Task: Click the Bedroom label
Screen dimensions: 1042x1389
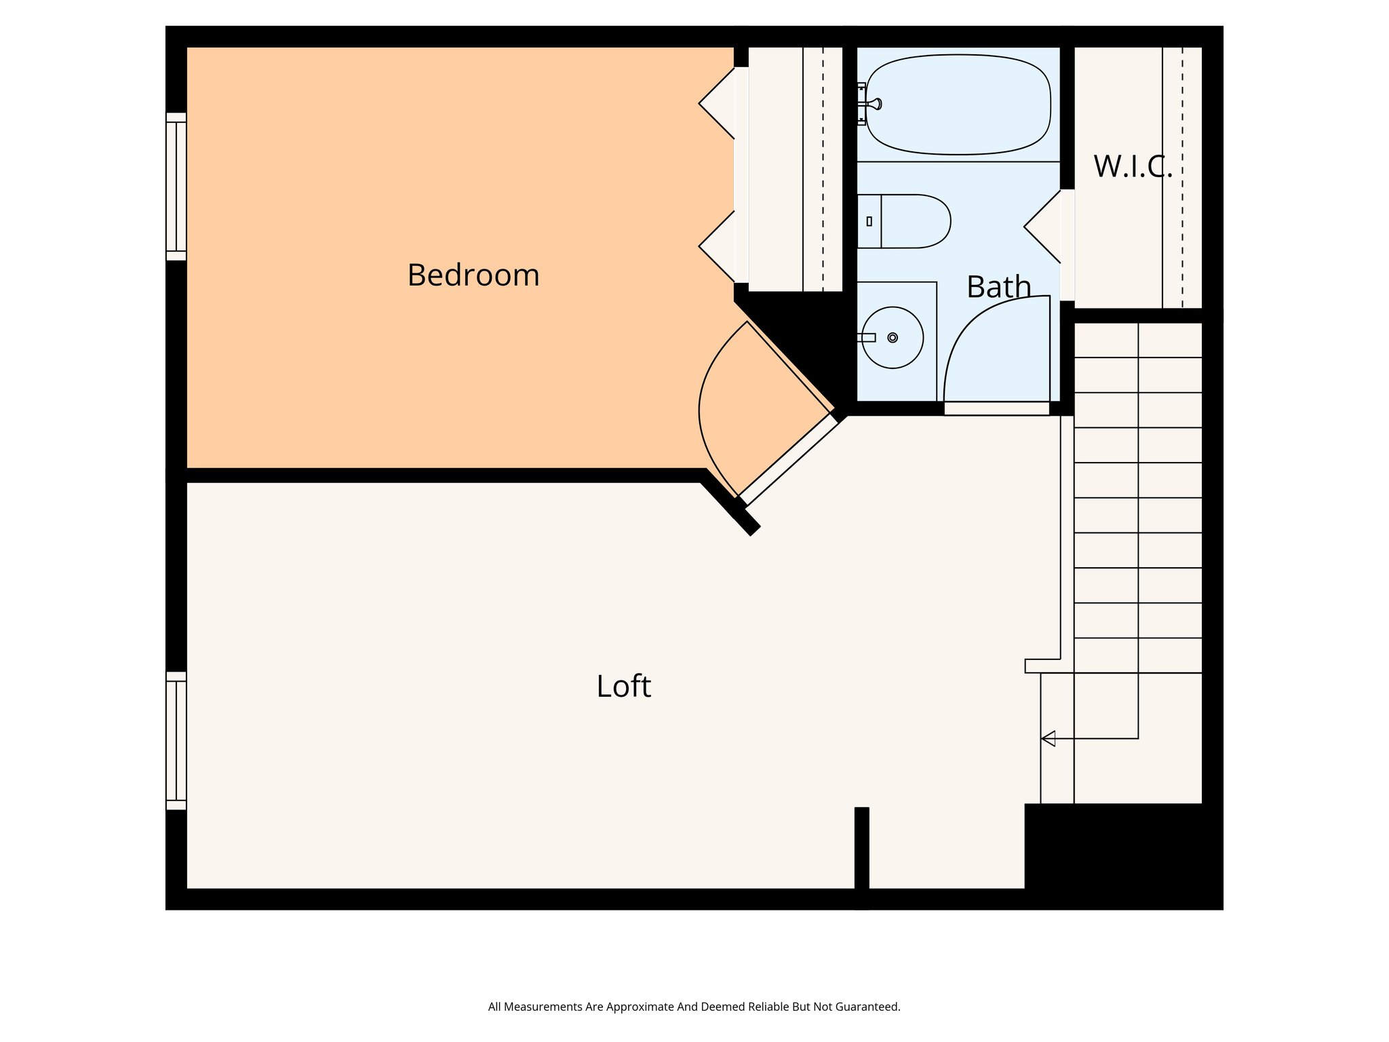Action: click(473, 275)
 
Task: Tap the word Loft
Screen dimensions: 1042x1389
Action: click(623, 687)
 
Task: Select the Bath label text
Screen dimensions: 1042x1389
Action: click(998, 287)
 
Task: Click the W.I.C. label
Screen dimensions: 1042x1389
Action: click(1133, 167)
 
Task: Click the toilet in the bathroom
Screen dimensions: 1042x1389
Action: click(909, 221)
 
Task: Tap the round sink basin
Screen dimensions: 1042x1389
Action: click(893, 338)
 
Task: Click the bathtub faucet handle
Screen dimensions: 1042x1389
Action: click(876, 104)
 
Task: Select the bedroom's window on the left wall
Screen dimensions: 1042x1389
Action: click(176, 187)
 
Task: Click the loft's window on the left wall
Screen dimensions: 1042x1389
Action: click(176, 741)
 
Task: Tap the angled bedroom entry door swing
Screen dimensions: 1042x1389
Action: click(739, 407)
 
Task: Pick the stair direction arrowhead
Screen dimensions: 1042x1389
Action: click(1049, 738)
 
